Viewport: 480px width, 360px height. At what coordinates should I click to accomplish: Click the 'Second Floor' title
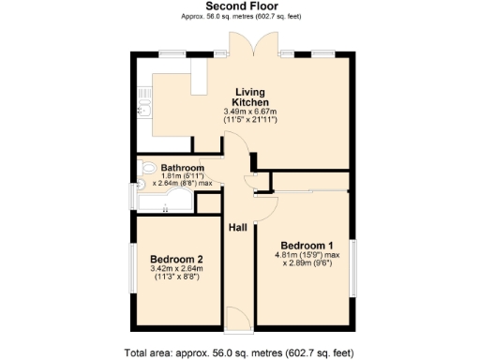239,7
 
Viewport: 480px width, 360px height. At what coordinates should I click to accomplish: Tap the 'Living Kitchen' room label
251,97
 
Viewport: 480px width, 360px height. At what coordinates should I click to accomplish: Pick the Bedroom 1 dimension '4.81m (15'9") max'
307,254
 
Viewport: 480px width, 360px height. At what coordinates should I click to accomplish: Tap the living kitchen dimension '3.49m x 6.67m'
251,112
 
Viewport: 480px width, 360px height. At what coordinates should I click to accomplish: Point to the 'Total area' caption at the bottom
239,352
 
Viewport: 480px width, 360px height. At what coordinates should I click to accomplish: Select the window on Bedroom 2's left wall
132,268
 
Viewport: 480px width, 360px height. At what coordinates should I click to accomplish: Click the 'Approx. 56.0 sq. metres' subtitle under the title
239,18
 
